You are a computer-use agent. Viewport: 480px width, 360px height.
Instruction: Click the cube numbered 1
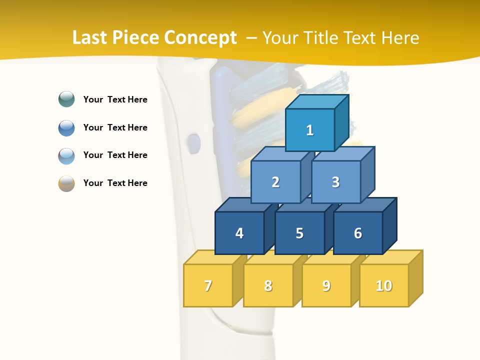[310, 130]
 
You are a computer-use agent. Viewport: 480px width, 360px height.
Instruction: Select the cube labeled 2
[275, 182]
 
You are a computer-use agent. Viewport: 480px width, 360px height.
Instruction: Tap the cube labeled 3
[335, 182]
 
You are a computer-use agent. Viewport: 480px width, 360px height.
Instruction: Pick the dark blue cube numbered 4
[239, 233]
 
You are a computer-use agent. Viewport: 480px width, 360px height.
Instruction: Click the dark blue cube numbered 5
[299, 233]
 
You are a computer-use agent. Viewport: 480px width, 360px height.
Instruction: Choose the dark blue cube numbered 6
[358, 233]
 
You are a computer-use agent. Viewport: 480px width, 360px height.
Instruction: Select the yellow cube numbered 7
[208, 285]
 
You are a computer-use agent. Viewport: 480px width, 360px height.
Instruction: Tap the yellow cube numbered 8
[268, 285]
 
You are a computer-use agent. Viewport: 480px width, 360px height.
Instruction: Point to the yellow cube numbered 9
[326, 285]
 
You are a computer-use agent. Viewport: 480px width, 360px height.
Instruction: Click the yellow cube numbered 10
[384, 285]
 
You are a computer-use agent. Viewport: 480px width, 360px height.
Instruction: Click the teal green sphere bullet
[66, 99]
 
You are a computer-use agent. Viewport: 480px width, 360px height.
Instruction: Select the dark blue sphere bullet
[66, 127]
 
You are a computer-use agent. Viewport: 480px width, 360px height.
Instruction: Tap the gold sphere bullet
[66, 183]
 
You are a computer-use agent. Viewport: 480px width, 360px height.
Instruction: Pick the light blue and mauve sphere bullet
[66, 155]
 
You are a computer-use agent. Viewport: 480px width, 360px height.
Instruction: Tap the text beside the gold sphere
[115, 183]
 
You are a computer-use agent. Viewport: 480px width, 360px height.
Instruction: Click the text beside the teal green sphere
[115, 99]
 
